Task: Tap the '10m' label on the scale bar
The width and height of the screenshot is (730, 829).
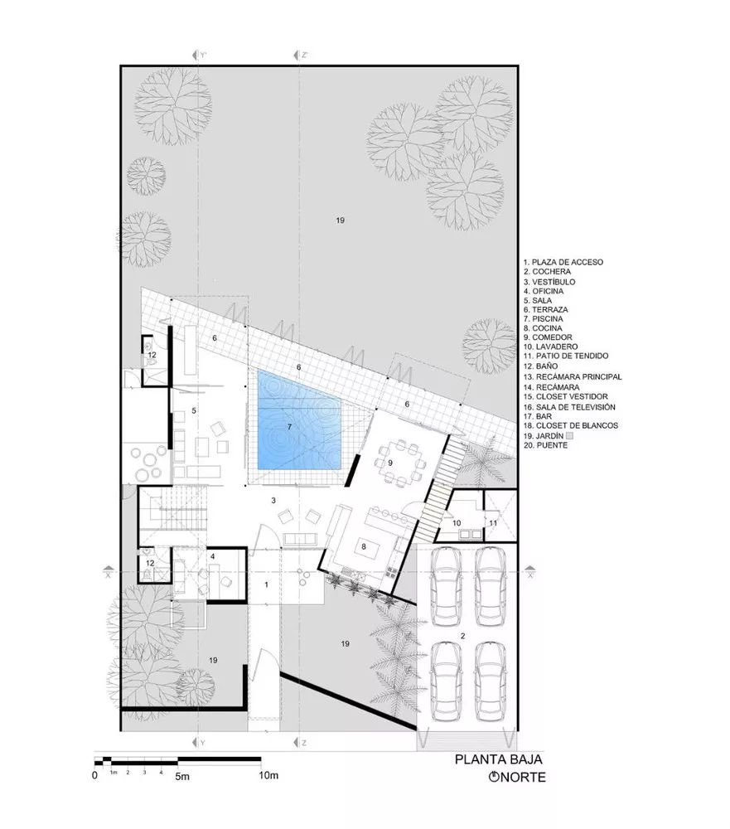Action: [267, 776]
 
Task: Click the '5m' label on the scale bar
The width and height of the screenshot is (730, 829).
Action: [182, 777]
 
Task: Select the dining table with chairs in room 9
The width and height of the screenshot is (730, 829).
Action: [395, 466]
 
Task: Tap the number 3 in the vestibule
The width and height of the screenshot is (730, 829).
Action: [273, 501]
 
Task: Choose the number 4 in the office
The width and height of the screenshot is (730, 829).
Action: [213, 555]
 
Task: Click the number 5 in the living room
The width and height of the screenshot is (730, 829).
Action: [193, 410]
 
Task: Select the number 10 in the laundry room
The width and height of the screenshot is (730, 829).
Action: [457, 522]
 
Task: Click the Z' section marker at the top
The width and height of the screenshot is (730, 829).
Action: [303, 56]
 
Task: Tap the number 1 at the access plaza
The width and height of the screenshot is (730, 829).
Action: [266, 584]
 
